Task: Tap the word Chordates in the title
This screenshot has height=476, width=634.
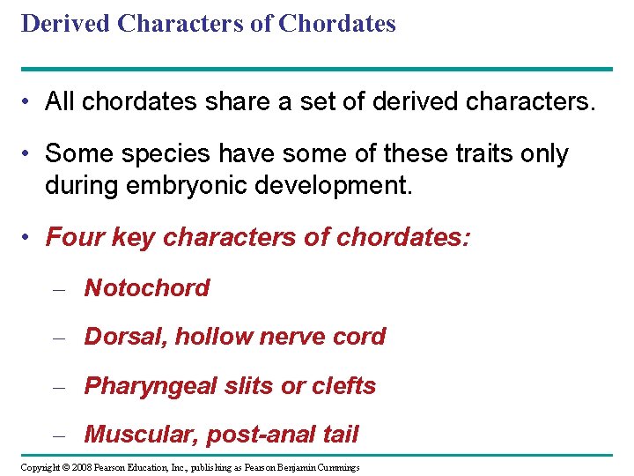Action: point(337,24)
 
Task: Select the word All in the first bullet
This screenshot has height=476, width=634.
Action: point(59,103)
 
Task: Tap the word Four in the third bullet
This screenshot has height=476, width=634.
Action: point(69,237)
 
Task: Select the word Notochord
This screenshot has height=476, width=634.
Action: point(147,288)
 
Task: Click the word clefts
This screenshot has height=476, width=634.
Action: point(341,386)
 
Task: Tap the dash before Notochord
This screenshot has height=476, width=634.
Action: point(59,289)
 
